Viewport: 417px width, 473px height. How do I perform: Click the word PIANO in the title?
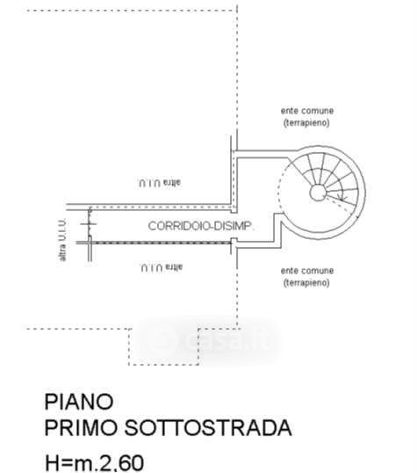point(79,402)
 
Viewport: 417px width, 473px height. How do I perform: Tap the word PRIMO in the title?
point(81,428)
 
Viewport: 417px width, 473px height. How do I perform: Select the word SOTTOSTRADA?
point(208,428)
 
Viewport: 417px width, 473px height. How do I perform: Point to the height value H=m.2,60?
point(94,463)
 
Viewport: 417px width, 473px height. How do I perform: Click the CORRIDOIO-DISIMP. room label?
point(201,226)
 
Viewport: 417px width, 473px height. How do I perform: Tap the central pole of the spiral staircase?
point(318,193)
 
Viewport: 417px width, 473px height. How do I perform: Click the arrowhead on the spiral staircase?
point(342,198)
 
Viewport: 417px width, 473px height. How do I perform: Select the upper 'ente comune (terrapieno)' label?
point(307,117)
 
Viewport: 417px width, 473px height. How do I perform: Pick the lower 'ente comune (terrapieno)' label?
point(307,277)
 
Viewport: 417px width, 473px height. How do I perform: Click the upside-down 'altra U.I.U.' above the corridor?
point(160,183)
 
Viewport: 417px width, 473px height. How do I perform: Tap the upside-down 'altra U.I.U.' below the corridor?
point(162,267)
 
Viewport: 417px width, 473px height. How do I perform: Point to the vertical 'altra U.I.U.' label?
point(62,239)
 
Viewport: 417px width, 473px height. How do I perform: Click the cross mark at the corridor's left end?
point(89,224)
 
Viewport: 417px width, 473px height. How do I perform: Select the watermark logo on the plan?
point(208,340)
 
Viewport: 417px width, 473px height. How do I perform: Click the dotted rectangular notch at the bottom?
point(163,365)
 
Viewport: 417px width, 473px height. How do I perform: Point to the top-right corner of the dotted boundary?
point(237,11)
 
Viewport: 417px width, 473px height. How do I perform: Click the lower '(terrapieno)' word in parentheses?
point(306,283)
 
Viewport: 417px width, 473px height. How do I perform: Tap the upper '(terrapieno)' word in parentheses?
point(306,123)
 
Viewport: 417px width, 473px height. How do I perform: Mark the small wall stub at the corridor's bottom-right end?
point(234,245)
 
